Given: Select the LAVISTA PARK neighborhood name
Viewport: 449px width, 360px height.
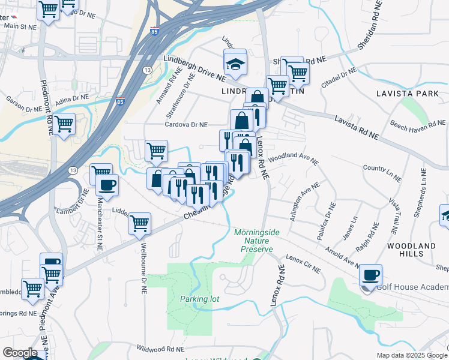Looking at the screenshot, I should point(408,94).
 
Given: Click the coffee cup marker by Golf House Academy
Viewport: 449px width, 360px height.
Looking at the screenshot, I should point(370,275).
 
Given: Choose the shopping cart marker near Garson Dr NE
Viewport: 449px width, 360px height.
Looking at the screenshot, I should point(64,125).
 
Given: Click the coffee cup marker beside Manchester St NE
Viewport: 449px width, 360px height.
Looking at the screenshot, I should point(107,185).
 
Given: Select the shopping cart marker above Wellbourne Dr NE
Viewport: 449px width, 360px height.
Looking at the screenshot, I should point(139,224).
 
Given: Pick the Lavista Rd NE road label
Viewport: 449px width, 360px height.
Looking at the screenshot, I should point(357,128).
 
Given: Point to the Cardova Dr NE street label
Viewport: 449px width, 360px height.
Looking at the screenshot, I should point(187,125).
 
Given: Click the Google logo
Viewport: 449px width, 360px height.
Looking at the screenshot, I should point(20,353).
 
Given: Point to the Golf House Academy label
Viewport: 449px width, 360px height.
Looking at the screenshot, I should point(412,287).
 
